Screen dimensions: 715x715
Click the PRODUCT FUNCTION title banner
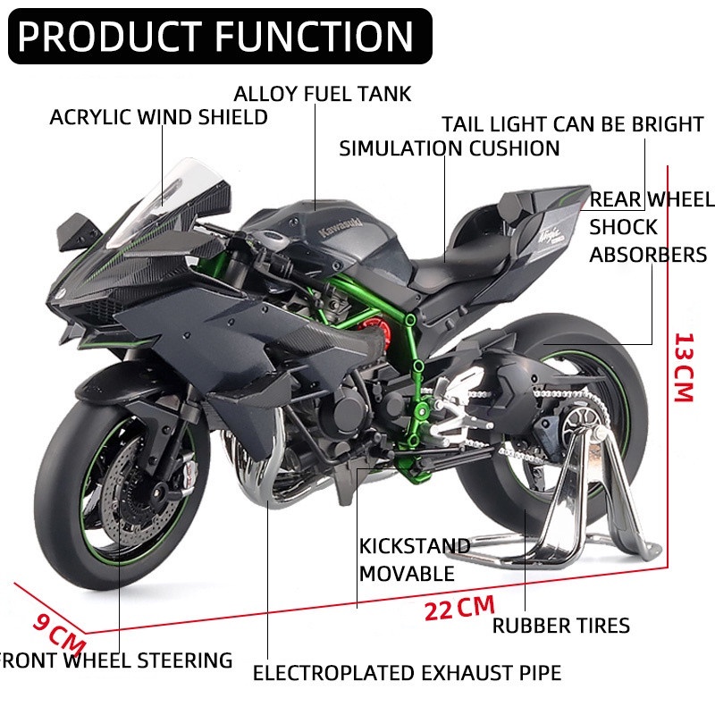[x=220, y=36]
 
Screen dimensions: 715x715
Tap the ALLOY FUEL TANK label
[x=323, y=94]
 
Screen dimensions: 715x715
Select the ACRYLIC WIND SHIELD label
[x=159, y=117]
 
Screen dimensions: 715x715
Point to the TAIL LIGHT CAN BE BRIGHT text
[x=573, y=124]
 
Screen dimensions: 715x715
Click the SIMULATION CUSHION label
[x=450, y=148]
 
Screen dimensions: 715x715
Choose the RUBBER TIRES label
[x=561, y=626]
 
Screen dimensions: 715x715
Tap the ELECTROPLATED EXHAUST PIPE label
[x=408, y=673]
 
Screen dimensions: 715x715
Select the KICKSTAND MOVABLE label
[x=415, y=559]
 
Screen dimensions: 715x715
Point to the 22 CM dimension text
[x=459, y=609]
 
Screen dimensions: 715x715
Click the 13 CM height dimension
[x=684, y=367]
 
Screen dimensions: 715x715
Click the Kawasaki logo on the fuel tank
[x=341, y=228]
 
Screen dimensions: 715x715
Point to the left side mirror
[x=79, y=231]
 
